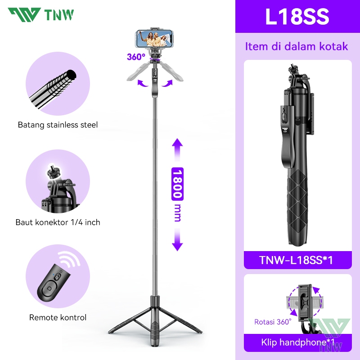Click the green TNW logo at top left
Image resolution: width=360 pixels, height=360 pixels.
(x=41, y=15)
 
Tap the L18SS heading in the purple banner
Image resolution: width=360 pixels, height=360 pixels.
(x=297, y=17)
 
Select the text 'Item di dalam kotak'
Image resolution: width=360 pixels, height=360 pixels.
(x=297, y=46)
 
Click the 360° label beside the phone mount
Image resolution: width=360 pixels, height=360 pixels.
(x=136, y=57)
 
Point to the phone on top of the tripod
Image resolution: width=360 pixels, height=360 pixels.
(x=154, y=39)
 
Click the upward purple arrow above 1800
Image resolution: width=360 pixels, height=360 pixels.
(x=177, y=149)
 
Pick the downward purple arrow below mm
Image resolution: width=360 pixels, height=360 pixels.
(x=177, y=240)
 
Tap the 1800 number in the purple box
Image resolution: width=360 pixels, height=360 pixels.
(x=177, y=184)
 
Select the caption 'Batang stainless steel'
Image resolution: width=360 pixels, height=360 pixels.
(x=58, y=125)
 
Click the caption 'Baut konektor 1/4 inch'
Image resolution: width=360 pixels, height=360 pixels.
(x=58, y=222)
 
